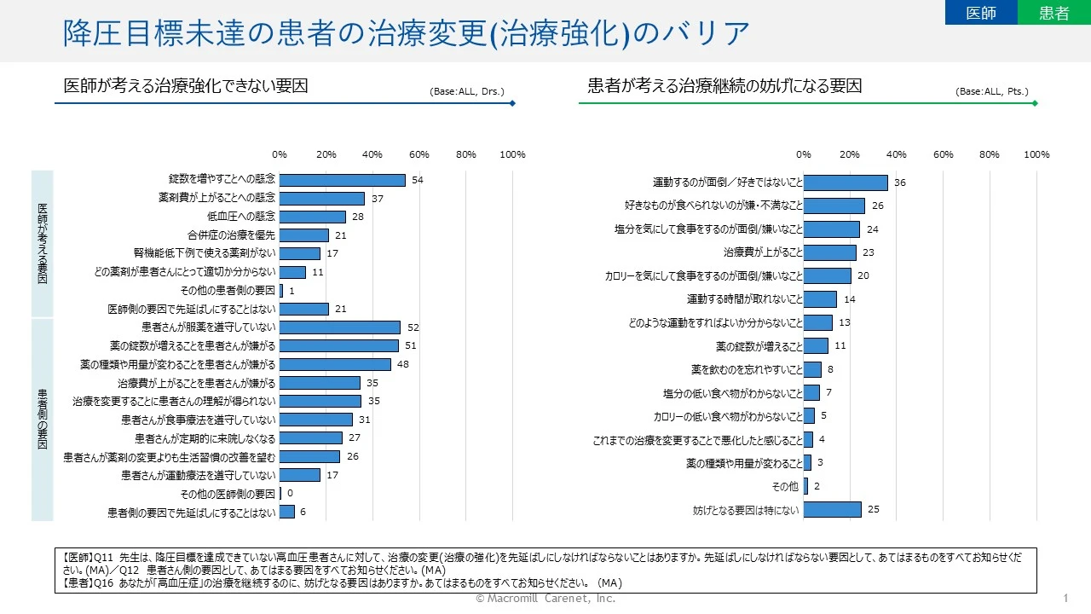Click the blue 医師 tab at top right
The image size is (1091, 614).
point(981,13)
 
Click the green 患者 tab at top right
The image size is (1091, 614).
point(1054,13)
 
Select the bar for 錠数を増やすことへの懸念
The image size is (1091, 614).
point(342,180)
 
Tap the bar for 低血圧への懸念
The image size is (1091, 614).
point(312,217)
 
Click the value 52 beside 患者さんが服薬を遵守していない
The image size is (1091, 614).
point(413,327)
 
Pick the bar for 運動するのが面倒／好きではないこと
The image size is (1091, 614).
point(846,182)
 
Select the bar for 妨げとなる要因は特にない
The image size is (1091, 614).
point(832,510)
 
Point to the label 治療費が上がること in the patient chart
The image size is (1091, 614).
point(763,252)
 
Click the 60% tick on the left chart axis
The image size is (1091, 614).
point(419,154)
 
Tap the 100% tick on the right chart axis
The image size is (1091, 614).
point(1036,154)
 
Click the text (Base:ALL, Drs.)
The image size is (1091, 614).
point(467,91)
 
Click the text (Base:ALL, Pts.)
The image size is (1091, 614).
point(992,91)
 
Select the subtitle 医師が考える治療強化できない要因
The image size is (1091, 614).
point(186,85)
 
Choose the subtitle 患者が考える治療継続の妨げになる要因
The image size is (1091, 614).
point(724,85)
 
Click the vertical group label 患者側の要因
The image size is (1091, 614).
point(43,419)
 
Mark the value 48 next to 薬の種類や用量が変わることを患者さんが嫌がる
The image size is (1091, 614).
point(404,364)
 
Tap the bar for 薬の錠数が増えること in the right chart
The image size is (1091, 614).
point(816,345)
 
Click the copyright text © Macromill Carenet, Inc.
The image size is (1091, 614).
point(545,599)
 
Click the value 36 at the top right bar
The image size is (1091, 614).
point(900,182)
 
